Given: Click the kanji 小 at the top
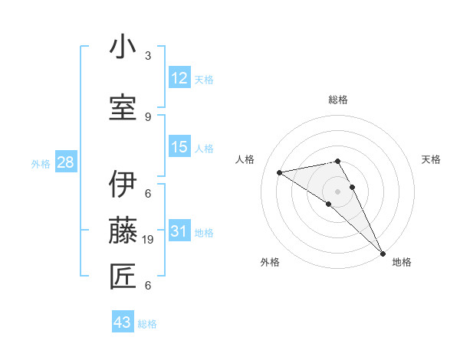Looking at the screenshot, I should (123, 47).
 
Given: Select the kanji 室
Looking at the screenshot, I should (123, 106).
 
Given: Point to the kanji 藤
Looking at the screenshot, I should (123, 230).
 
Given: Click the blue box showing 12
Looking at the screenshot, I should (179, 78).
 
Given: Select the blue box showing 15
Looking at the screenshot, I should (179, 147).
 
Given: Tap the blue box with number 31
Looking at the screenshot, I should (179, 231).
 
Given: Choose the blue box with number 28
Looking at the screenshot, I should (65, 162).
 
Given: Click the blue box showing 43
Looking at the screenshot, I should (123, 322).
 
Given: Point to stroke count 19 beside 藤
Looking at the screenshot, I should (149, 240).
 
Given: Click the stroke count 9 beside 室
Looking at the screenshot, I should (148, 116).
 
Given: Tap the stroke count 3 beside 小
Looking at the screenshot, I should (148, 56).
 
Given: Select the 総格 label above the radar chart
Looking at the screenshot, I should (338, 100).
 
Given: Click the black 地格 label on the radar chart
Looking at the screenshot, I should (402, 262).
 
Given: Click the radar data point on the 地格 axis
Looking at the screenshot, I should (383, 253).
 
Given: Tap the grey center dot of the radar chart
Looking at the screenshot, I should (337, 191).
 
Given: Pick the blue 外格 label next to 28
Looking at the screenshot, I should (40, 163).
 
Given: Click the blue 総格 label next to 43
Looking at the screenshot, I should (147, 324).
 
